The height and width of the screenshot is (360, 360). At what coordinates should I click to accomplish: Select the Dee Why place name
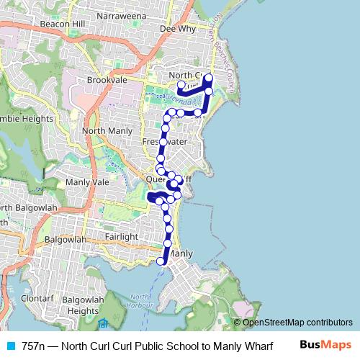pyautogui.click(x=177, y=30)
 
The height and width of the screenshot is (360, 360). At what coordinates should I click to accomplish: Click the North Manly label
pyautogui.click(x=107, y=131)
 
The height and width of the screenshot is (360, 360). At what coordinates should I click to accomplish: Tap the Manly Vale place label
pyautogui.click(x=87, y=183)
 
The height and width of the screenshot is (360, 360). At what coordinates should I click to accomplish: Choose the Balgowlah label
pyautogui.click(x=66, y=239)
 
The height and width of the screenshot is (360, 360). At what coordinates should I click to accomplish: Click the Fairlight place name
pyautogui.click(x=120, y=237)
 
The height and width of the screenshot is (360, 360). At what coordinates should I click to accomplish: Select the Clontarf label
pyautogui.click(x=37, y=297)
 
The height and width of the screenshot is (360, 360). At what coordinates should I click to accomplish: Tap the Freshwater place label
pyautogui.click(x=165, y=142)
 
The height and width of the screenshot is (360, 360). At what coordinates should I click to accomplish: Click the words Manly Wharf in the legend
pyautogui.click(x=243, y=346)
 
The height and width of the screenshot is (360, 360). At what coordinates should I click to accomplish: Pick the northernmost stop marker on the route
pyautogui.click(x=209, y=78)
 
